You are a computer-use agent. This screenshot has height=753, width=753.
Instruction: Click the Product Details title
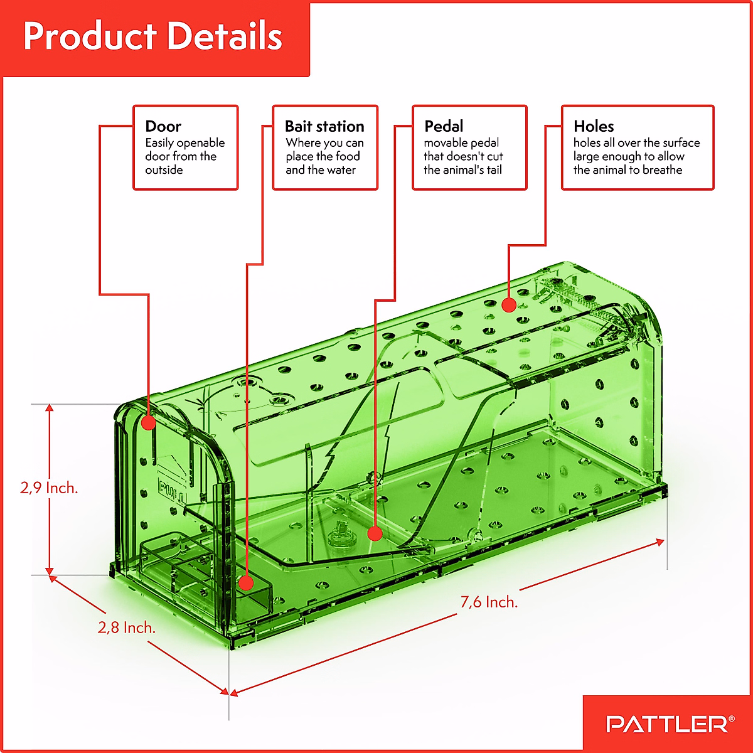click(152, 36)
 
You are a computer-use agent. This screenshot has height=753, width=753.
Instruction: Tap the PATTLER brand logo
click(666, 724)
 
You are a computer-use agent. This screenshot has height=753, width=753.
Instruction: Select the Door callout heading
click(163, 126)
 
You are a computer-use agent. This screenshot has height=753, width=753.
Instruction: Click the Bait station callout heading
click(324, 126)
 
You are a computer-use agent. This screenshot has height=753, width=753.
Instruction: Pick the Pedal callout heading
click(444, 126)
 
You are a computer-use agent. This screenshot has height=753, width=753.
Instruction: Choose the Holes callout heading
click(594, 126)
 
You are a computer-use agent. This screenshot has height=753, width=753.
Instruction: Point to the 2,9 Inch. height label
click(49, 488)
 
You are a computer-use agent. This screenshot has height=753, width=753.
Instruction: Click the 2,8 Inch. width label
click(126, 627)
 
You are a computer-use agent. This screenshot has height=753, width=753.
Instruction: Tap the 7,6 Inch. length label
click(489, 602)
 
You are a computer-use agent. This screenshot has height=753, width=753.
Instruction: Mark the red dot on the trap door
click(148, 422)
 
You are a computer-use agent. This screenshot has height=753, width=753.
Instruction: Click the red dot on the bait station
click(247, 584)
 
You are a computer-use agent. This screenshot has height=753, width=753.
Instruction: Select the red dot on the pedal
click(375, 534)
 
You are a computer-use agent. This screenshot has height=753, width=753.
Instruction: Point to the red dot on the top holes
click(509, 306)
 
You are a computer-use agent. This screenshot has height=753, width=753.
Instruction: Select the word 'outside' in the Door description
click(164, 170)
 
